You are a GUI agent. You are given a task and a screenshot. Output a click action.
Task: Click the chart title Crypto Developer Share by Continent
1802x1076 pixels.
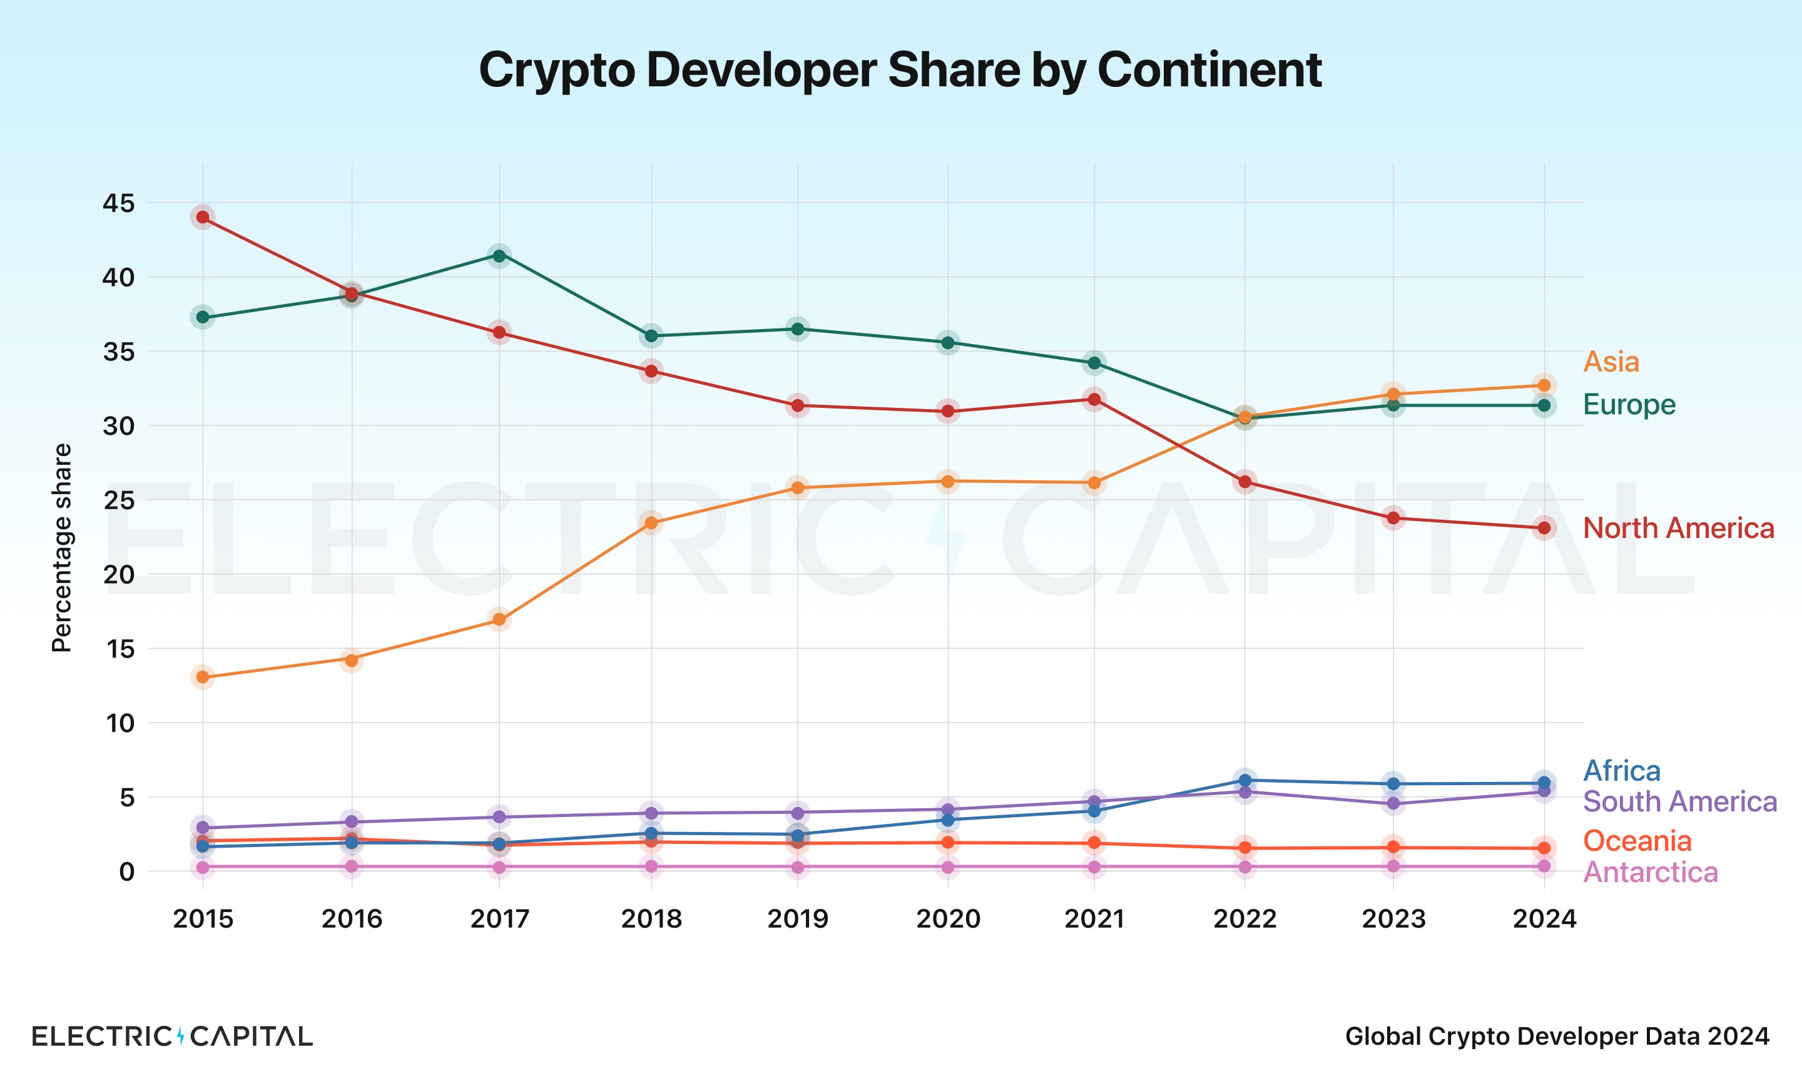(900, 70)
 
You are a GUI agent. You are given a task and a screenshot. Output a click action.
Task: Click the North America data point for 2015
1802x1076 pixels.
(203, 217)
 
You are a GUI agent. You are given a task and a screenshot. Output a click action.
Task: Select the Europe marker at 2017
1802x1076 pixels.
(499, 255)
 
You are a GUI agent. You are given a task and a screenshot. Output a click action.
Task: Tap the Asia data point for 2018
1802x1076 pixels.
(651, 523)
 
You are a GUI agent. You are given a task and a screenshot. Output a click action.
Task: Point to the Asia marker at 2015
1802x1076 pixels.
(203, 678)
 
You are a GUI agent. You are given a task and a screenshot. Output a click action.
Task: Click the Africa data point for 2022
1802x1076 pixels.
(1245, 780)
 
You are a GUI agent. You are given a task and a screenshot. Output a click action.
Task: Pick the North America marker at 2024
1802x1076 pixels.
(1544, 528)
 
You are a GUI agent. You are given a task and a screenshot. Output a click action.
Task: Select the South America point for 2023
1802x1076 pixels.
(1393, 803)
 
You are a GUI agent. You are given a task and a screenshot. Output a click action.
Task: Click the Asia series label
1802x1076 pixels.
(1611, 361)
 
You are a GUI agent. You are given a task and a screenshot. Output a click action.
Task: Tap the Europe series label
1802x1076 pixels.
(1629, 405)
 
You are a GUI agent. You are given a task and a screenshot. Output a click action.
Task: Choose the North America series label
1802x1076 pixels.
(1678, 528)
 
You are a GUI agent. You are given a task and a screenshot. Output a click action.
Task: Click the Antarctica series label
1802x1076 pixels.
(1651, 871)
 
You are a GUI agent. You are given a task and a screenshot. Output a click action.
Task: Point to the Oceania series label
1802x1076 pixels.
(1637, 841)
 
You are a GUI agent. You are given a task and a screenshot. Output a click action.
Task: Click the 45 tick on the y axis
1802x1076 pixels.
(119, 203)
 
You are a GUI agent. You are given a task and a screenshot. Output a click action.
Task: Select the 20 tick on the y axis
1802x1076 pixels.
(119, 574)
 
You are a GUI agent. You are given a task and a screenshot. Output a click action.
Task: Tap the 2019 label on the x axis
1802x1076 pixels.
(798, 918)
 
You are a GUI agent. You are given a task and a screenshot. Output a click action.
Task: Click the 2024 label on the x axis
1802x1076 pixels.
(1544, 918)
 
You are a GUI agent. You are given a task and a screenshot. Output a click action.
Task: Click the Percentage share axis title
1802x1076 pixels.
(63, 547)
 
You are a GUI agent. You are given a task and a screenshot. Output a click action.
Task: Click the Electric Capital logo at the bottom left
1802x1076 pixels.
(173, 1036)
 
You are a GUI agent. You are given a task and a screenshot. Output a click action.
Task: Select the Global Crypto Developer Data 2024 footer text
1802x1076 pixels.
(1557, 1036)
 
